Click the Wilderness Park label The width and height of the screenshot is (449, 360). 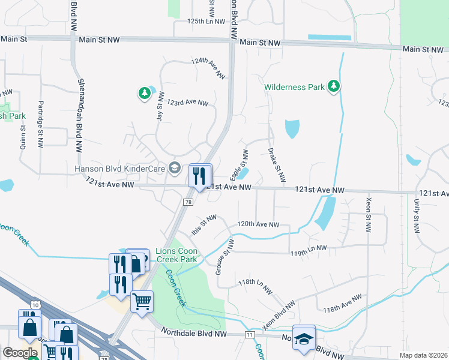pyautogui.click(x=295, y=87)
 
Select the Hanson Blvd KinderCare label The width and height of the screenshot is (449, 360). pyautogui.click(x=119, y=169)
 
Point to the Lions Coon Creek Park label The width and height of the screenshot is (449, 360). pyautogui.click(x=176, y=256)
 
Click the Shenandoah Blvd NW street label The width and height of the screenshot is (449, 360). pyautogui.click(x=79, y=116)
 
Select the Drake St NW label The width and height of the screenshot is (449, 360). pyautogui.click(x=277, y=165)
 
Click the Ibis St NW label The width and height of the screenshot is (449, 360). pyautogui.click(x=203, y=226)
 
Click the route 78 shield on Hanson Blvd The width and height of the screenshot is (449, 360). pyautogui.click(x=188, y=203)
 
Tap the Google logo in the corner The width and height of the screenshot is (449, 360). pyautogui.click(x=20, y=353)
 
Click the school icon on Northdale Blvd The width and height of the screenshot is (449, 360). pyautogui.click(x=304, y=337)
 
